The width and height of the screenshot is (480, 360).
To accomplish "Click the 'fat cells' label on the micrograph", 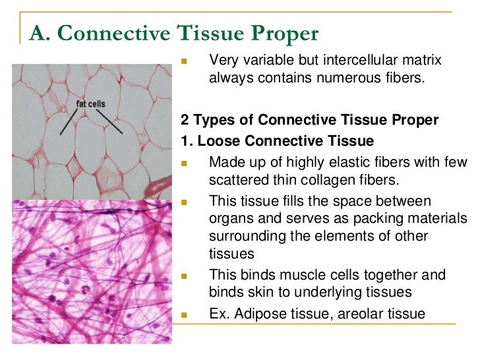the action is (90, 104).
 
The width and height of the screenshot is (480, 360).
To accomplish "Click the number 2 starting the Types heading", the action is (185, 120).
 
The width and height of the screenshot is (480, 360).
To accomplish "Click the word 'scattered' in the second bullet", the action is (237, 179).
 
